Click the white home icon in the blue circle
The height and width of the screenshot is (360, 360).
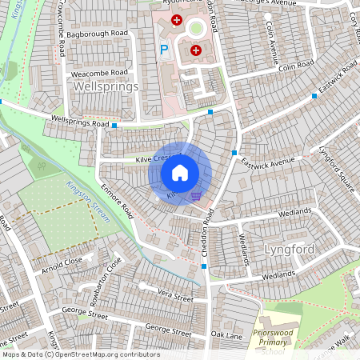[180, 173]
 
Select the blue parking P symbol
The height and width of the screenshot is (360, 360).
[164, 50]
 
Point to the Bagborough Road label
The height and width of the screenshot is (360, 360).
[98, 34]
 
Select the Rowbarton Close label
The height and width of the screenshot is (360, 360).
[110, 274]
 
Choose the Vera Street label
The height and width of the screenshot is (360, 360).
[175, 297]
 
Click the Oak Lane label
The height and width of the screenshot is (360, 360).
[226, 334]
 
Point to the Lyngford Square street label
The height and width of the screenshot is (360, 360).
[337, 169]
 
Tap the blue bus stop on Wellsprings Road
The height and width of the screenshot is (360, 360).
[115, 126]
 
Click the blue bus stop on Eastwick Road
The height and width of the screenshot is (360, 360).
[314, 96]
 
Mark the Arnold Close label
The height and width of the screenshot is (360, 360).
[62, 262]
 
